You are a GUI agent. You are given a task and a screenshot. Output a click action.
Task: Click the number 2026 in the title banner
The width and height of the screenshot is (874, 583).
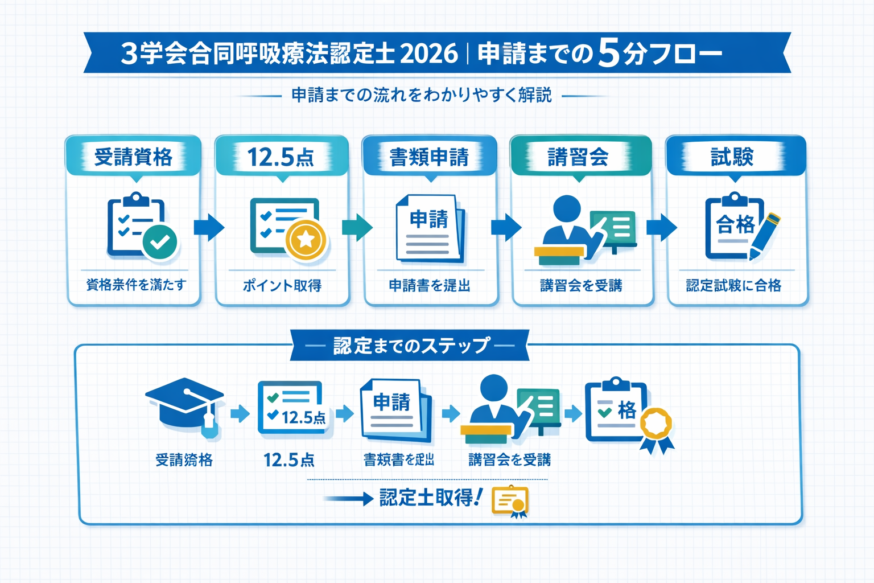click(429, 54)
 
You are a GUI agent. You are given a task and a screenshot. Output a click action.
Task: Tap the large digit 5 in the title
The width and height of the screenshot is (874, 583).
click(608, 54)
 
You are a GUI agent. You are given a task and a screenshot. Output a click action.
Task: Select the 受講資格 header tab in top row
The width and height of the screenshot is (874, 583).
click(133, 157)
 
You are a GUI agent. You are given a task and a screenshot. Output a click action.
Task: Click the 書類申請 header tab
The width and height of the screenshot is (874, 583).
click(429, 157)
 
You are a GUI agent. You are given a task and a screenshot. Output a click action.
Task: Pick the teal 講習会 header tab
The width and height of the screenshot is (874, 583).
click(578, 157)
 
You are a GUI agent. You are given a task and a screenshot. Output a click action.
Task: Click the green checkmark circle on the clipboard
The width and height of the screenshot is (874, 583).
click(159, 241)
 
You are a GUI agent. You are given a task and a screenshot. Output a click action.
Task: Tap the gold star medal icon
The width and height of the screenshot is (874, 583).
click(306, 240)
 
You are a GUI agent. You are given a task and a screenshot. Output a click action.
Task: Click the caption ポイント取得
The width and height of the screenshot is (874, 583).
click(282, 285)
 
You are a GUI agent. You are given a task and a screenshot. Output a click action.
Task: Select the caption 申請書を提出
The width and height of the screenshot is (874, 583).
click(430, 285)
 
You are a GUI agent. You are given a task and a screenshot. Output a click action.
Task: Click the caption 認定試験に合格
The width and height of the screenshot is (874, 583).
click(733, 285)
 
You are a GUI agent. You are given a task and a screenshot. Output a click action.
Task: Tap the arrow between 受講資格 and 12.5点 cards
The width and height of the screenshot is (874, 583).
click(208, 227)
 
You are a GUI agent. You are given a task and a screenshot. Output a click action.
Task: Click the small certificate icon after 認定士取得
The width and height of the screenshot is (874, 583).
click(510, 502)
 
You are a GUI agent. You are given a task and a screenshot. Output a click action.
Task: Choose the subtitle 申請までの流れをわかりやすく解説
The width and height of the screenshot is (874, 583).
click(422, 95)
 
